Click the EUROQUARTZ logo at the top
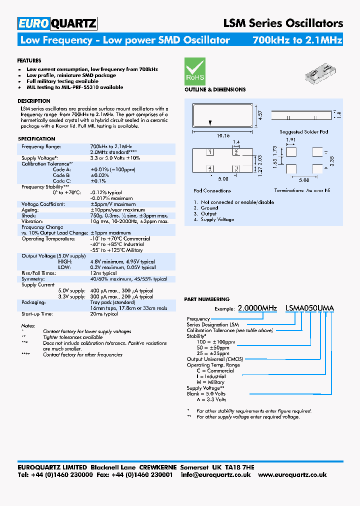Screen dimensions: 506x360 57,23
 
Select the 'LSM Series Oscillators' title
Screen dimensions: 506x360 282,23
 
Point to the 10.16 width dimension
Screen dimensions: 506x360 223,135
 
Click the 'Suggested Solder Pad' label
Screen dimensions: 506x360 303,132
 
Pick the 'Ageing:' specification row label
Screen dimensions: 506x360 29,210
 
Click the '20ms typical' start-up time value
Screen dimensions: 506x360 104,314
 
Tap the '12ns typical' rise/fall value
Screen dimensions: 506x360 103,273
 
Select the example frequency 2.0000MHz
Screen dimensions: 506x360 257,308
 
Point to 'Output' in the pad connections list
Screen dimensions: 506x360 208,214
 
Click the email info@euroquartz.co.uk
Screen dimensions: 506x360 215,474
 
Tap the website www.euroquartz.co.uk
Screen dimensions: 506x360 292,474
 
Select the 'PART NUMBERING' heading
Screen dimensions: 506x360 207,299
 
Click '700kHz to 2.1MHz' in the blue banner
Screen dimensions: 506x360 297,40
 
